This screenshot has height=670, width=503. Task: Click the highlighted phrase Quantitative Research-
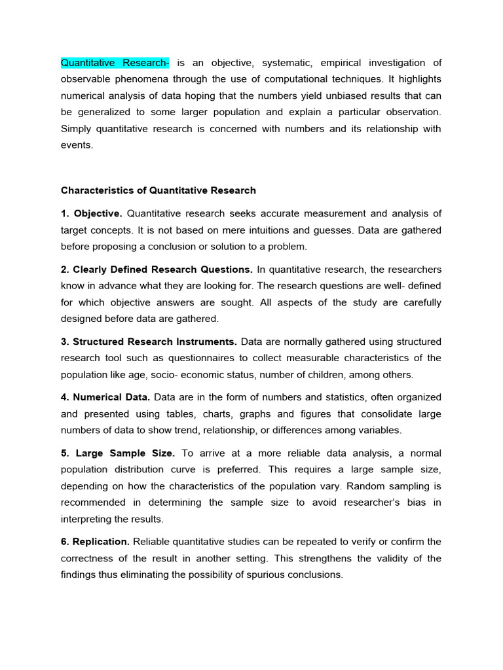[115, 63]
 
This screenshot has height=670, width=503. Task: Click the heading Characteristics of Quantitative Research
[158, 190]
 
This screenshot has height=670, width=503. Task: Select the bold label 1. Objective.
[92, 213]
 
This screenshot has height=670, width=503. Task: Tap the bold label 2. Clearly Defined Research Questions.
[157, 270]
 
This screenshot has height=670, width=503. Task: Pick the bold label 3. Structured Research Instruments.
[149, 342]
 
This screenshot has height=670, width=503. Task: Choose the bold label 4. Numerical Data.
[105, 397]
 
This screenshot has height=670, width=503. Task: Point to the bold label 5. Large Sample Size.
[119, 453]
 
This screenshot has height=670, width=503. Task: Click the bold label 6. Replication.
[96, 541]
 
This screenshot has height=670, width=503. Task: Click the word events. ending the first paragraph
[77, 145]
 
